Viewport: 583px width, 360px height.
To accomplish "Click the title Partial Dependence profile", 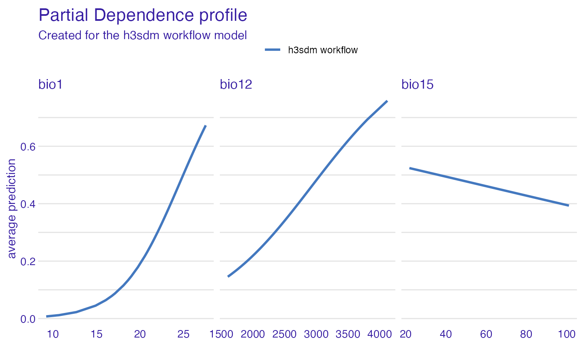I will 143,15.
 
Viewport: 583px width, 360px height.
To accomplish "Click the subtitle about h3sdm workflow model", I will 143,35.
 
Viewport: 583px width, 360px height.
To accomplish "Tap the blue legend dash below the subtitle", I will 272,50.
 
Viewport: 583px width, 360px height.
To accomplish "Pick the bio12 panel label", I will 236,84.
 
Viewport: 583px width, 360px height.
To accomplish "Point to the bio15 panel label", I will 417,84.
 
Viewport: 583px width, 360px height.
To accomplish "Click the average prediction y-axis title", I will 12,208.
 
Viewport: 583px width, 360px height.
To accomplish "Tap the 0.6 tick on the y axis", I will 27,146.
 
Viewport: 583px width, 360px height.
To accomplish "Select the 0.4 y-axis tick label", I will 27,204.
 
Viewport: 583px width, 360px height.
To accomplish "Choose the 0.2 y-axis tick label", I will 27,261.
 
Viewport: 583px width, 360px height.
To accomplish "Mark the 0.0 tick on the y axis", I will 27,319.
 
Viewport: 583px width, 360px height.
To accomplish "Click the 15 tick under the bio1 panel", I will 96,335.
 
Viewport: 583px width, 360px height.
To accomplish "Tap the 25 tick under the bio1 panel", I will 183,335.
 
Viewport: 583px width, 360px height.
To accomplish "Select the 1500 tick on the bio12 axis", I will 221,335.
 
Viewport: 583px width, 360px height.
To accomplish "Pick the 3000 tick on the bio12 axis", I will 316,335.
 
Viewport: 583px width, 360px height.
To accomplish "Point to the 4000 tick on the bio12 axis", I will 379,335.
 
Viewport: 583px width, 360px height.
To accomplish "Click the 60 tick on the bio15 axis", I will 486,335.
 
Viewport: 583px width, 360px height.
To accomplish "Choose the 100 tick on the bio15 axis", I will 566,335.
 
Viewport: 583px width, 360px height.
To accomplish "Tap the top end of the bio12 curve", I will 387,101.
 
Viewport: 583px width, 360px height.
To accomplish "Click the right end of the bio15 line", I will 568,205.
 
